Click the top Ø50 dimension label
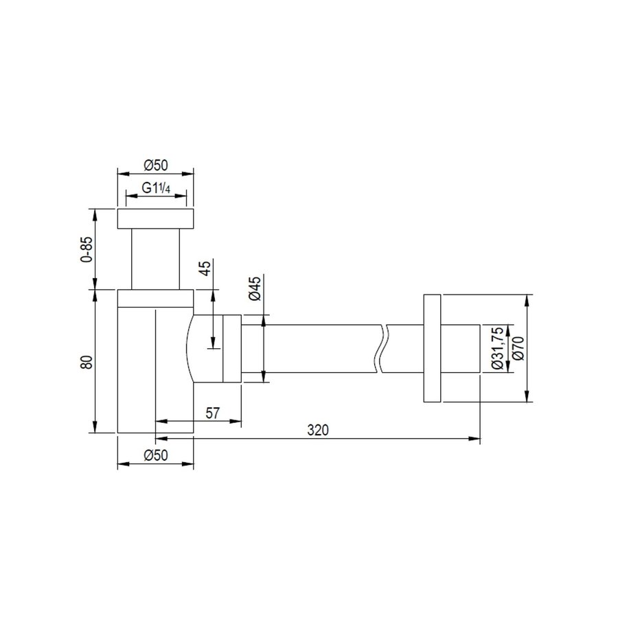[156, 165]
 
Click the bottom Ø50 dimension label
[156, 455]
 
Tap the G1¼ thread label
[156, 188]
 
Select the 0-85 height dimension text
[87, 249]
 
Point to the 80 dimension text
[87, 362]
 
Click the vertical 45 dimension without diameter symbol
[206, 268]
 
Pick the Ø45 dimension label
[255, 288]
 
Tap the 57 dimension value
[212, 413]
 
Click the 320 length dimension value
[318, 430]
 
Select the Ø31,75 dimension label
[498, 348]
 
